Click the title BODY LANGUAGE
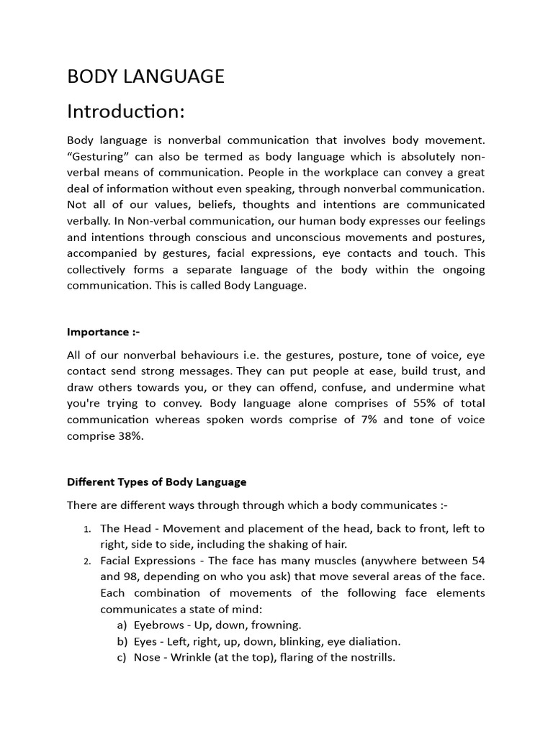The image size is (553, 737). [145, 76]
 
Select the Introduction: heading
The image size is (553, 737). [126, 112]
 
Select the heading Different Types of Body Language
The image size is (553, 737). [156, 481]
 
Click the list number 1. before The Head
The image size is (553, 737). [86, 529]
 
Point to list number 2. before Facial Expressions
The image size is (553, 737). [86, 561]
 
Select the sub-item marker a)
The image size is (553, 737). [122, 625]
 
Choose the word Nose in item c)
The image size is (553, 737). [146, 657]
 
